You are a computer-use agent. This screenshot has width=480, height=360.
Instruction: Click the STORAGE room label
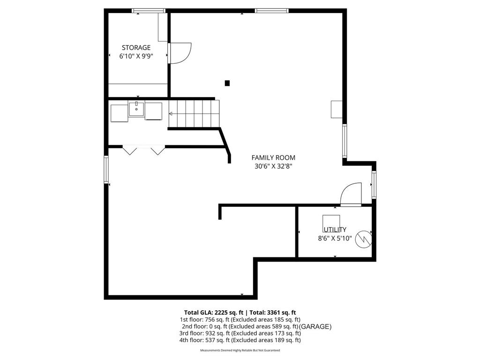(136, 47)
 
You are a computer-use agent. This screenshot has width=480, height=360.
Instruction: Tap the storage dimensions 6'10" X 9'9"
(136, 56)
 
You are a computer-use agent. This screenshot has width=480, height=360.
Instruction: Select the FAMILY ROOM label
(273, 157)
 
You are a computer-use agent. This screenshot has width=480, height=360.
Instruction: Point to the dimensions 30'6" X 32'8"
(273, 166)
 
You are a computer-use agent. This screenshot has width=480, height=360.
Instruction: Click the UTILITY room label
(335, 230)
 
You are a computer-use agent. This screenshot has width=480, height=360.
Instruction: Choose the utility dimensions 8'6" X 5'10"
(335, 238)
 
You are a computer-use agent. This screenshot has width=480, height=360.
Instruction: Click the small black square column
(227, 83)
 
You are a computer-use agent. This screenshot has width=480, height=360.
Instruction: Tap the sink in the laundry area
(136, 109)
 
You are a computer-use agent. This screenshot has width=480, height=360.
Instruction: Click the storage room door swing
(180, 52)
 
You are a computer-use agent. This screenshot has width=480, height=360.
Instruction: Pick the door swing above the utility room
(352, 194)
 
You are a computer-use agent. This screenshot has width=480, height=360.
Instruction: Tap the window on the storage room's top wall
(149, 10)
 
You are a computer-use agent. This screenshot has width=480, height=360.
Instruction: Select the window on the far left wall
(106, 170)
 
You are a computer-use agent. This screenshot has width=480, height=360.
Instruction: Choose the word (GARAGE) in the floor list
(315, 326)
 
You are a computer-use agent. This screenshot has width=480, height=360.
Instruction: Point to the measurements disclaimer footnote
(240, 351)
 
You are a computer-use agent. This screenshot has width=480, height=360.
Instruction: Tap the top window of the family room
(271, 10)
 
